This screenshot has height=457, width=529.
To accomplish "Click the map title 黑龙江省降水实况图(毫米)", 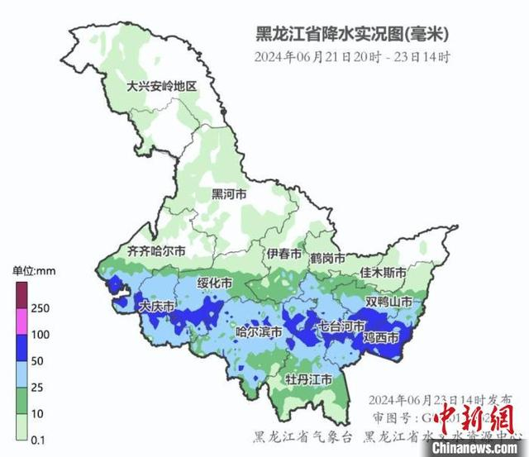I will (x=351, y=36).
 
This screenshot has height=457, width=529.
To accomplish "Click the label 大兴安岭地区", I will (x=161, y=87).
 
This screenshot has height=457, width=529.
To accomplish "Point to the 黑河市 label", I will (x=229, y=195).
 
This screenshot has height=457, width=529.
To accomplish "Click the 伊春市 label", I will (x=284, y=254).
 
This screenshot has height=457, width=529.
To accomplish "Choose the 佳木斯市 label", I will (x=383, y=273).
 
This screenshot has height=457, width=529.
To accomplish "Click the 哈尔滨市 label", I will (x=259, y=332).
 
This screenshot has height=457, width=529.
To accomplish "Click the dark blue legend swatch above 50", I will (x=21, y=348).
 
